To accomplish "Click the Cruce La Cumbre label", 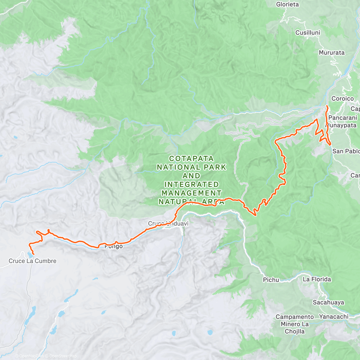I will pos(32,261).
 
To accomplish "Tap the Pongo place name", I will pos(114,247).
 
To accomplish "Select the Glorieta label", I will pos(287,4).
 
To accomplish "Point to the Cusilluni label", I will pos(308,33).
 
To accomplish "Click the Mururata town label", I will pos(331,53).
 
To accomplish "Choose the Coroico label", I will pos(343,99).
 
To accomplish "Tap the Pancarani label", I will pos(343,118).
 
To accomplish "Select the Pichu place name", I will pos(271,280).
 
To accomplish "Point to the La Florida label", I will pos(317,279).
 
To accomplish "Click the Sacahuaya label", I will pos(328,302).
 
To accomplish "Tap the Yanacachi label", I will pos(334,316).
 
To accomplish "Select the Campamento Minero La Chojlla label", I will pos(295,324).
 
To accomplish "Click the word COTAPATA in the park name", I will pos(191,158).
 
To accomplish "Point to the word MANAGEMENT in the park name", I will pos(191,193).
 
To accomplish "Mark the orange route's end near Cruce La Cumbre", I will pos(33,254).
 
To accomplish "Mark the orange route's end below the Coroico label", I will pos(327,106).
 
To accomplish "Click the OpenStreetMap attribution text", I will pos(63,356).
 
